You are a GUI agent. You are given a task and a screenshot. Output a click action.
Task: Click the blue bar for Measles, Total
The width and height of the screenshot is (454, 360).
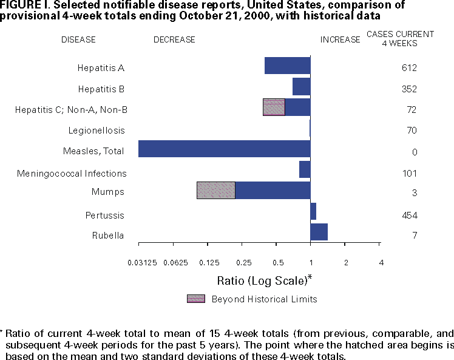(x=224, y=149)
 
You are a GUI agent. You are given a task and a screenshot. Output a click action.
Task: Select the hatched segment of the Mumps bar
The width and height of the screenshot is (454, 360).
(x=215, y=190)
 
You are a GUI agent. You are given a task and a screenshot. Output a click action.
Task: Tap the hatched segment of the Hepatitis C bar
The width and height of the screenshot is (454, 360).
(x=274, y=107)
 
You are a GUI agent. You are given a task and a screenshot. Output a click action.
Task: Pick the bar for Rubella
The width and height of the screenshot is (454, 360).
(x=319, y=232)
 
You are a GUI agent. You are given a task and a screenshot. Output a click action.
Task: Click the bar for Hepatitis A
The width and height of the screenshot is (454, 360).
(x=287, y=66)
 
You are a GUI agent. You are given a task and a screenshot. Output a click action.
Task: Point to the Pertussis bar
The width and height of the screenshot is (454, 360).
(x=313, y=211)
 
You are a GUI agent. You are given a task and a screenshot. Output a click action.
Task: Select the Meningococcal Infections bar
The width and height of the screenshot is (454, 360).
(x=305, y=169)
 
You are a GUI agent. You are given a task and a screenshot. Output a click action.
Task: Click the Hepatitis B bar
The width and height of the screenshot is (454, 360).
(x=301, y=87)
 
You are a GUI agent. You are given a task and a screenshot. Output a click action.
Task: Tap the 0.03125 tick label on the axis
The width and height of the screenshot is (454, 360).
(x=138, y=262)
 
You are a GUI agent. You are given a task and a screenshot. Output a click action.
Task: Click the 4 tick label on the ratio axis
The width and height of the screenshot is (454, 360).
(x=381, y=262)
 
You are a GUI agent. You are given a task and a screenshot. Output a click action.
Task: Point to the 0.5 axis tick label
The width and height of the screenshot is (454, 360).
(x=278, y=262)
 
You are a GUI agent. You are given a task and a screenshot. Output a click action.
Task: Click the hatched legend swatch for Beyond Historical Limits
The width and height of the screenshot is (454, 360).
(x=196, y=299)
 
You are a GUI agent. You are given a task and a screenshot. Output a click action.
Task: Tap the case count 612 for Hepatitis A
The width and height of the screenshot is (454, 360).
(x=409, y=67)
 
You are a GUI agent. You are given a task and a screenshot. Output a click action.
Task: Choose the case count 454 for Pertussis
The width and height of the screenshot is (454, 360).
(x=409, y=216)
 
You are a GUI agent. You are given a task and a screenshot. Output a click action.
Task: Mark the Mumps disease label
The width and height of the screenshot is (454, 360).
(x=113, y=192)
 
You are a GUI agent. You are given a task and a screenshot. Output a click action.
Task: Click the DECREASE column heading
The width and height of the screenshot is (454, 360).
(x=174, y=40)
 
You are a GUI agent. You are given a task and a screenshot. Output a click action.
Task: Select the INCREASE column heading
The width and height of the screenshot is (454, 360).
(x=340, y=40)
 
